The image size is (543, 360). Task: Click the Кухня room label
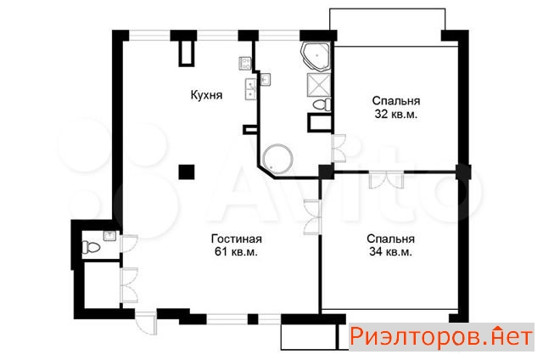206,95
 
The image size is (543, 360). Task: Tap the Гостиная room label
237,239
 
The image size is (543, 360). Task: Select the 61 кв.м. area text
236,252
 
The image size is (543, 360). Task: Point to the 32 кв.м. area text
396,114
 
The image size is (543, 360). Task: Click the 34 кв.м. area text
390,252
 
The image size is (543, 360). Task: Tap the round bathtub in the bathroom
277,160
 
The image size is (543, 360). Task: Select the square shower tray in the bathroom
318,84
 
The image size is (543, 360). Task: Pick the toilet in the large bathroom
322,104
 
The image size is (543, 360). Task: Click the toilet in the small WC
91,247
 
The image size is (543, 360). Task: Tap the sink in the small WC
109,236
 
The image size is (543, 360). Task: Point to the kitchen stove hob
245,64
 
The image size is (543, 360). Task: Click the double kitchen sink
250,89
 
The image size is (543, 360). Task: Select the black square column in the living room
187,172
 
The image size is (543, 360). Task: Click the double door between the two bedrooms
386,180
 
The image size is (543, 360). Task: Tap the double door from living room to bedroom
312,217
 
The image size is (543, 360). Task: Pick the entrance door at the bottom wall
146,323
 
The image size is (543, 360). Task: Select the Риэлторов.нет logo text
441,336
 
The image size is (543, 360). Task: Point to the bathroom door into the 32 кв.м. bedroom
339,148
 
